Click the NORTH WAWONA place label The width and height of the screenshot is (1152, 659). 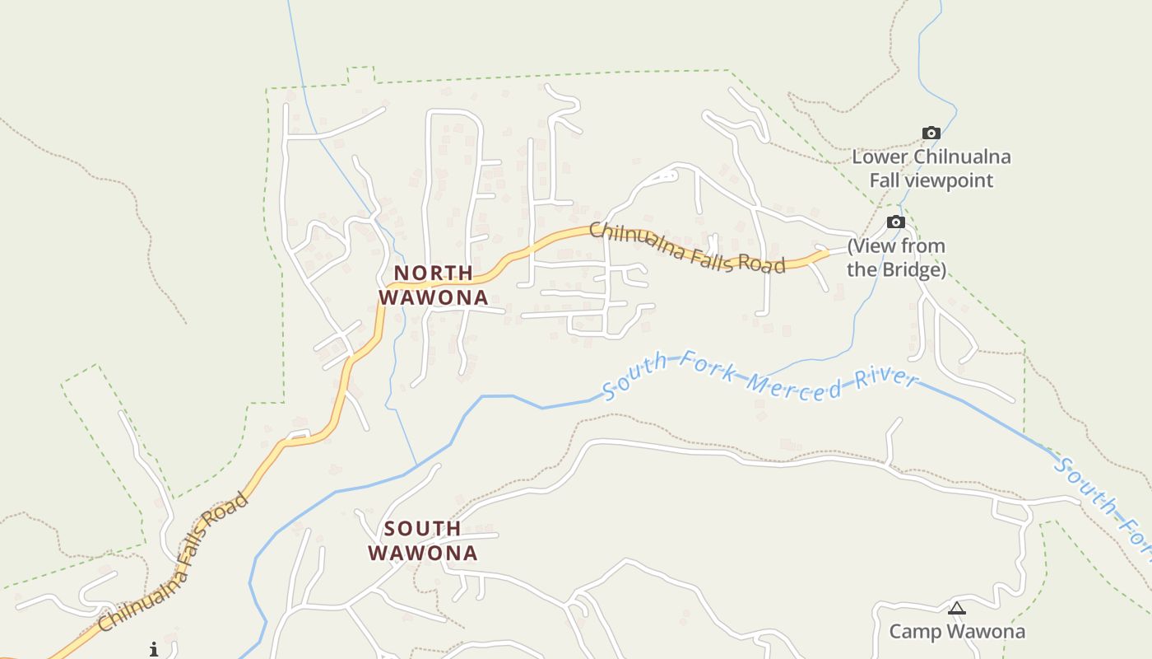point(433,285)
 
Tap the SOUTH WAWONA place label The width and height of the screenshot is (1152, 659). point(422,540)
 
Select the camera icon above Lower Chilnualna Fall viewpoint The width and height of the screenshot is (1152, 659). point(931,133)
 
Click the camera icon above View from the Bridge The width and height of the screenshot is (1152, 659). point(895,222)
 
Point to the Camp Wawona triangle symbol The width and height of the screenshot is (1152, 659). point(956,609)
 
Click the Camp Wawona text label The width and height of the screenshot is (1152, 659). point(957,632)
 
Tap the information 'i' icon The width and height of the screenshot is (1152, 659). point(153,649)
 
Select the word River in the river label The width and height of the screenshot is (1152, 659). point(888,380)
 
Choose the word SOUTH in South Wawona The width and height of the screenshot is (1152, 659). point(422,528)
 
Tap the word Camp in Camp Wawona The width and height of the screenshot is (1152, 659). point(913,632)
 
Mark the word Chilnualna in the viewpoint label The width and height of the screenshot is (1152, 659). point(963,157)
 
